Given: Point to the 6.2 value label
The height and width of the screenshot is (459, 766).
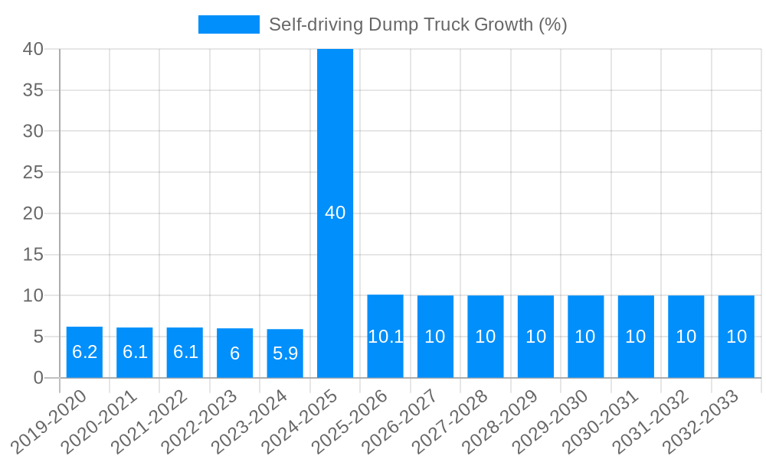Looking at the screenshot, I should (84, 352).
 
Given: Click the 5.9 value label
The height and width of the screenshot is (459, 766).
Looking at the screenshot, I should (285, 353).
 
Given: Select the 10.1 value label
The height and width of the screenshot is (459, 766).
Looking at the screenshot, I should (385, 337).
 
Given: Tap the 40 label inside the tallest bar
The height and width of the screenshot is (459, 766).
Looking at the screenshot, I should (335, 213).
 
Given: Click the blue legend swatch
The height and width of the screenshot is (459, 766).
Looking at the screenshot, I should (228, 24).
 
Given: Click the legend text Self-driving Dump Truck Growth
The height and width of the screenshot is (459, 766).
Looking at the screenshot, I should (417, 24).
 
